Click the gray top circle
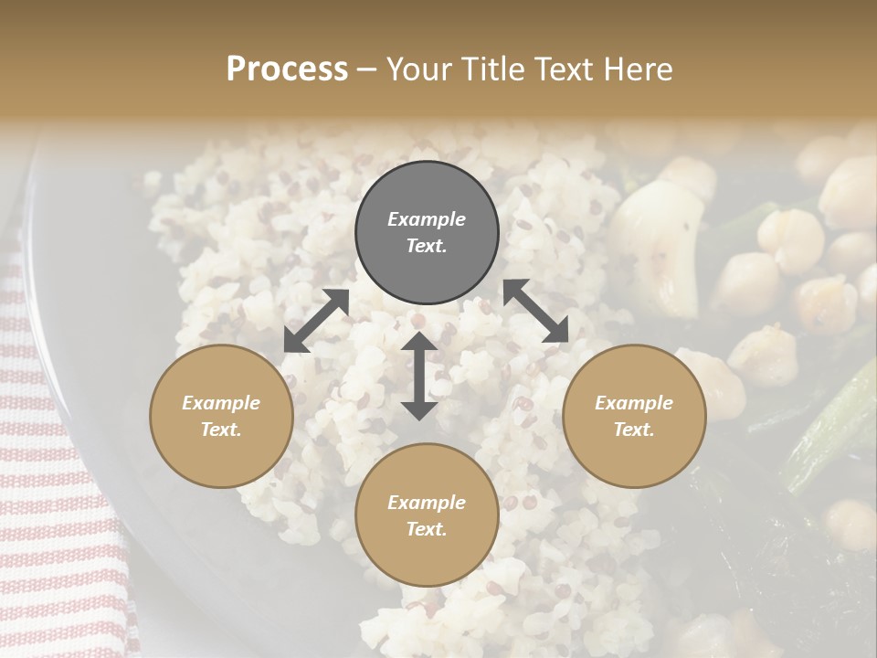coord(427,233)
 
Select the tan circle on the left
coord(221,417)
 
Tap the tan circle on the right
coord(634,417)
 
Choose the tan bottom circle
coord(427,515)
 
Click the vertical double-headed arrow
coord(419,376)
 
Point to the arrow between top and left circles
coord(316,321)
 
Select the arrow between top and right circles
coord(535,311)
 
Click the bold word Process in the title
coord(287,69)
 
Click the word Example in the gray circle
coord(427,219)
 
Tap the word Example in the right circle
coord(634,403)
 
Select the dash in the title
coord(367,69)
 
